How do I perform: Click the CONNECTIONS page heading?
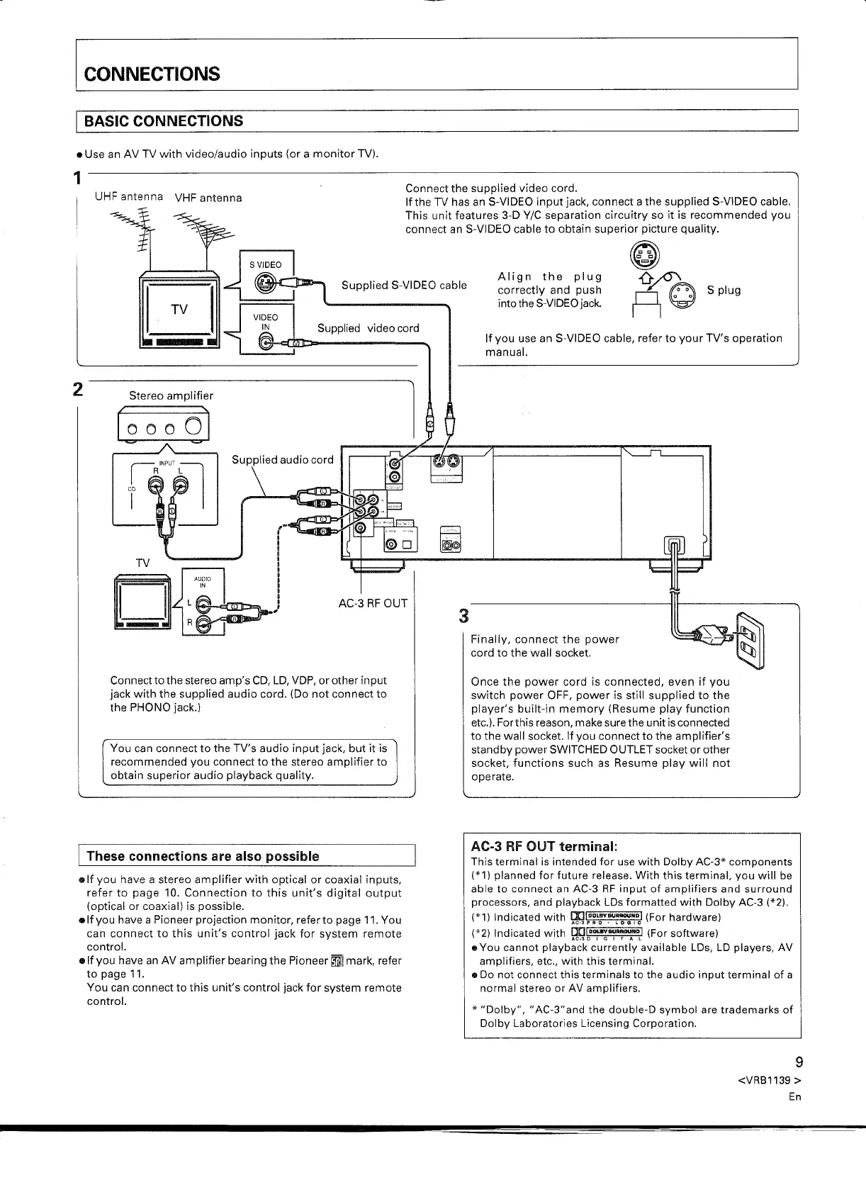point(152,74)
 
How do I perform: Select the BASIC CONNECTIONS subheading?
point(164,121)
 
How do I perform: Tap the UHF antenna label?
point(129,196)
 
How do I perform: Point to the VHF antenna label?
point(208,198)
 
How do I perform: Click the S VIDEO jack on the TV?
point(264,286)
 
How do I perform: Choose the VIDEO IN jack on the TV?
point(266,342)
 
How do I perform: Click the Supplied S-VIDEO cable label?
point(404,286)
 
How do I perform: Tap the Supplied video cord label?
point(368,328)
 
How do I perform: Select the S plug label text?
point(724,291)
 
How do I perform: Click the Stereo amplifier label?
point(171,396)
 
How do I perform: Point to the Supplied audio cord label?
point(282,460)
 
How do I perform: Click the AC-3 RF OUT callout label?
point(373,604)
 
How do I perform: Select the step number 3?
point(464,616)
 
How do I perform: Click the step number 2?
point(78,389)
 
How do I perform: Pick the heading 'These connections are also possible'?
point(203,856)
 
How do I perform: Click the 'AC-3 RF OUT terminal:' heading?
point(544,846)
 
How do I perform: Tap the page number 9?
point(799,1062)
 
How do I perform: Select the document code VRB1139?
point(769,1081)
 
